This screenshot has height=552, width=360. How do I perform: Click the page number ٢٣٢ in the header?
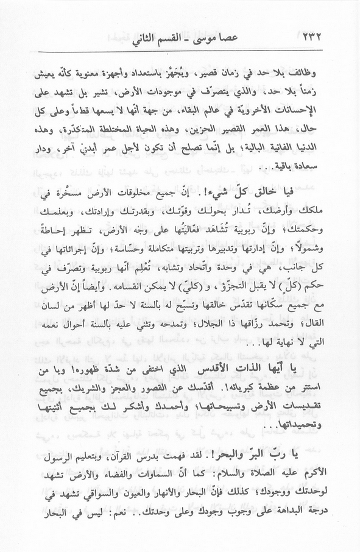coord(316,41)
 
